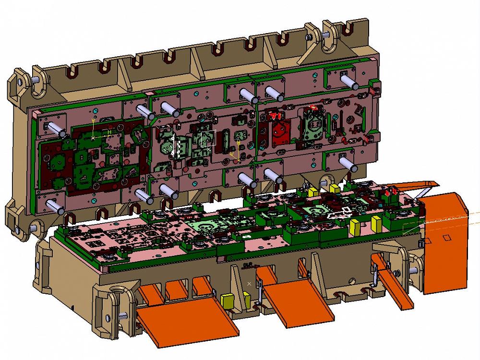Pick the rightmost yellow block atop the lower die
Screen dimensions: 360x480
click(377, 224)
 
